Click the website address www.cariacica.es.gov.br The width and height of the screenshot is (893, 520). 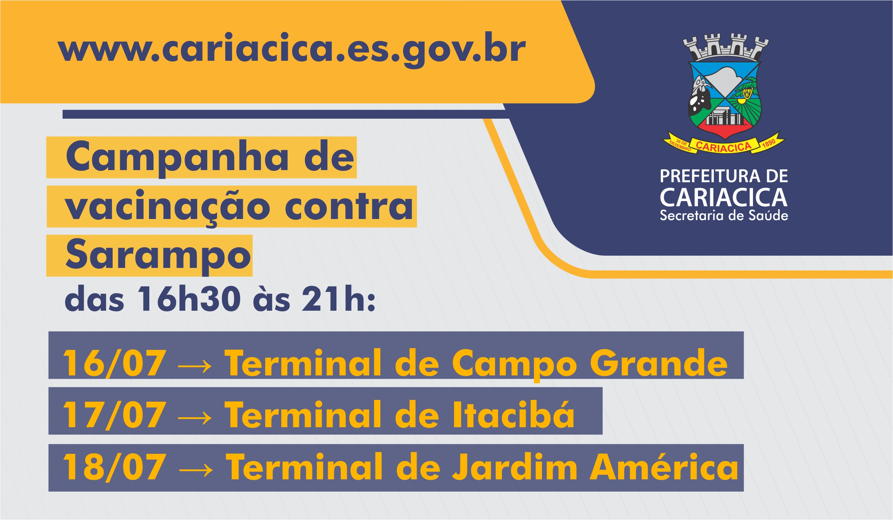(x=292, y=50)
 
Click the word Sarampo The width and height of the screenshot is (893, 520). (x=158, y=256)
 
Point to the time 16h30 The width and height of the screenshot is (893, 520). (x=189, y=299)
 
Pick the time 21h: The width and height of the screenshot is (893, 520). (x=339, y=299)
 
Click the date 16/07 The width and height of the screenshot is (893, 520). (x=114, y=364)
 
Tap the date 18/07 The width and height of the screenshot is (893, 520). (x=114, y=467)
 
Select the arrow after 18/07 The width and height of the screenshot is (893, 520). (x=195, y=470)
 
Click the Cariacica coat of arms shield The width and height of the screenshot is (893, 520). (x=724, y=100)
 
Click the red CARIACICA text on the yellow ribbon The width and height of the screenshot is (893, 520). (x=723, y=146)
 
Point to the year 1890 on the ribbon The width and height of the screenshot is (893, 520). (x=769, y=143)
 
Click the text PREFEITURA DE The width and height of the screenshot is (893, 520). (x=724, y=177)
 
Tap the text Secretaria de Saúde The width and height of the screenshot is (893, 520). (x=724, y=215)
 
